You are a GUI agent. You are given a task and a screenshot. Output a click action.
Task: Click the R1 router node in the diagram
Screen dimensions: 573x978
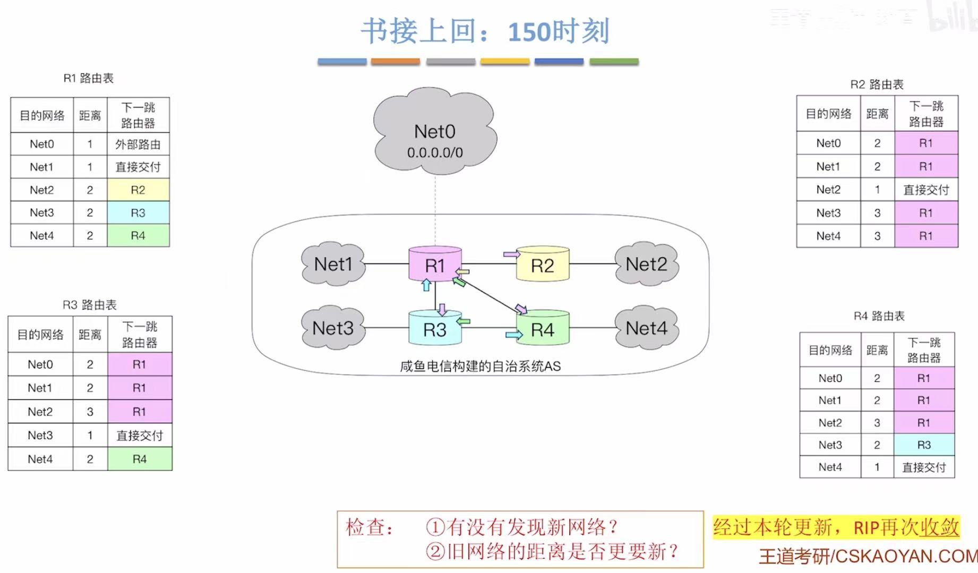coord(434,264)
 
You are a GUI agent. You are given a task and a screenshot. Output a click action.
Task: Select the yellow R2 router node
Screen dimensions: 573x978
coord(542,264)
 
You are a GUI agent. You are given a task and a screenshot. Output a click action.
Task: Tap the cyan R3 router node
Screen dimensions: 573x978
coord(434,329)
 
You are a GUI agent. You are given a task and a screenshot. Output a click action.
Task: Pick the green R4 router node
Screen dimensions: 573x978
coord(542,329)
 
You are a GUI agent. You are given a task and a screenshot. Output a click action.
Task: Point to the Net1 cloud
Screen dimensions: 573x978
coord(333,264)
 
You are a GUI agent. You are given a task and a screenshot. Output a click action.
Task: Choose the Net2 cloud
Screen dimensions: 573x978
coord(646,264)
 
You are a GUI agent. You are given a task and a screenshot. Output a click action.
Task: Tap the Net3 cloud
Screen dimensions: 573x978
coord(333,328)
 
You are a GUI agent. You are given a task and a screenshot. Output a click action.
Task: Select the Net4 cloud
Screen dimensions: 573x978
coord(646,328)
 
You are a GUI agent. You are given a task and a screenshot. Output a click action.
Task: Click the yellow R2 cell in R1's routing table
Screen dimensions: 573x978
coord(138,190)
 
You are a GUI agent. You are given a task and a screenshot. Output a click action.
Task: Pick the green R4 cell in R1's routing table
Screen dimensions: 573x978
coord(138,235)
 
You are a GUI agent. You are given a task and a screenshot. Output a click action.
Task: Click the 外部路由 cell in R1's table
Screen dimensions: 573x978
coord(138,144)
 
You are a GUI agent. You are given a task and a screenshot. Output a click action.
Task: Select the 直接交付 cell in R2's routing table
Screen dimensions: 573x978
coord(926,190)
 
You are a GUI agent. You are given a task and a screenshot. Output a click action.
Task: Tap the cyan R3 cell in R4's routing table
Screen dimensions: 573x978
coord(924,445)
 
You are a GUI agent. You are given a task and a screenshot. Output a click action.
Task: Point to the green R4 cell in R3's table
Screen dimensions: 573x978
coord(140,459)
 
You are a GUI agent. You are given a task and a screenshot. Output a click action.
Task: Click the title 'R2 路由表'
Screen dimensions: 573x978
coord(877,84)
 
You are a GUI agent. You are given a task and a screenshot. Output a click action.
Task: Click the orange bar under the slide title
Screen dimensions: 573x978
coord(396,62)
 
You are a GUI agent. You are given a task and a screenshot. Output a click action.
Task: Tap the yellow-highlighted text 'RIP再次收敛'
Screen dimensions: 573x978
coord(906,527)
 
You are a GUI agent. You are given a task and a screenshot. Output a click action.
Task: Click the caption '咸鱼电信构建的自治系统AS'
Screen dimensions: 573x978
coord(480,366)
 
